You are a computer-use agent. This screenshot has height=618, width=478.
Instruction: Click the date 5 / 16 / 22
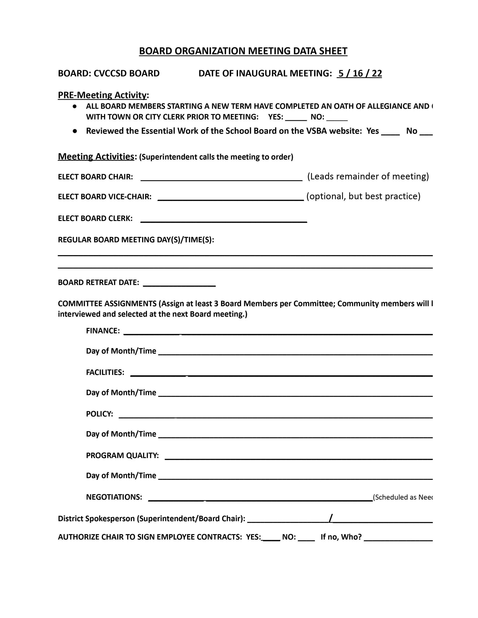(359, 74)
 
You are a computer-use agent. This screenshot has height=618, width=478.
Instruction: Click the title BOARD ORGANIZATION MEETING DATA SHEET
(243, 51)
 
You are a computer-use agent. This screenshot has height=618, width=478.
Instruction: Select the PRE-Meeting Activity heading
(102, 95)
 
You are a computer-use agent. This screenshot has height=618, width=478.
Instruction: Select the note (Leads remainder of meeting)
(368, 177)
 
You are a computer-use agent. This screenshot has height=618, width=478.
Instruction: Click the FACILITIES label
(105, 372)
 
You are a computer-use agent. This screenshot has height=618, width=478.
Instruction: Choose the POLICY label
(99, 414)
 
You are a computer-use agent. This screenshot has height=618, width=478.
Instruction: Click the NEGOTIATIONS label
(114, 497)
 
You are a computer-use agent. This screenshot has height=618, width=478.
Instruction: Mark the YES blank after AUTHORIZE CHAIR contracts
(271, 538)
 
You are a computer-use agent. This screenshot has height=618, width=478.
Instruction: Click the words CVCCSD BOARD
(127, 74)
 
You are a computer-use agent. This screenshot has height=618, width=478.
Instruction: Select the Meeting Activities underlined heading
(96, 156)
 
